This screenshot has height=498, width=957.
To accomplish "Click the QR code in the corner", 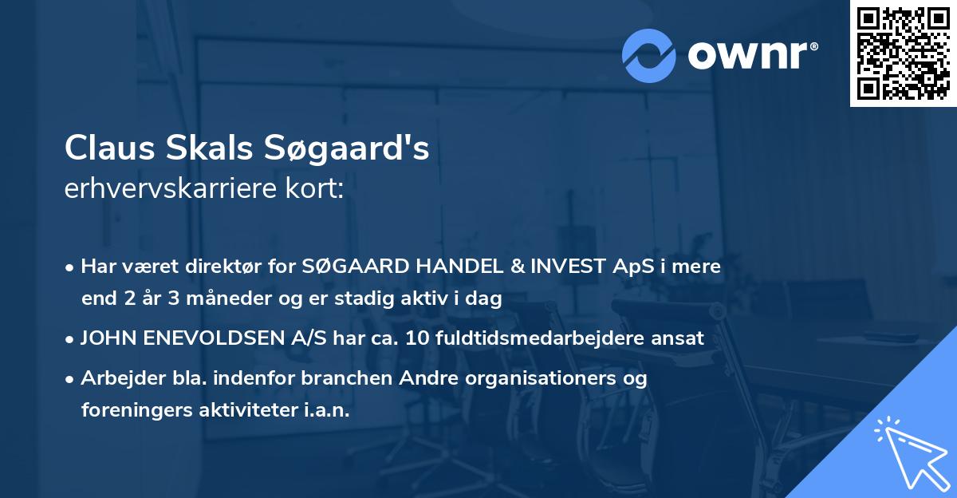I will pyautogui.click(x=903, y=53).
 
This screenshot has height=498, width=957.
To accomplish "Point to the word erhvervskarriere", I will pyautogui.click(x=170, y=189).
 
